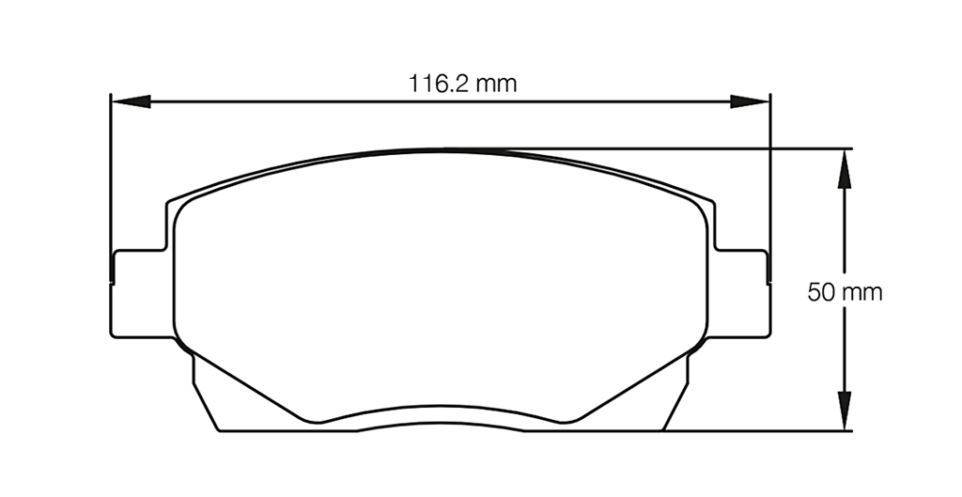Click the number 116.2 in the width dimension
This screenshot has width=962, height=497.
pyautogui.click(x=438, y=84)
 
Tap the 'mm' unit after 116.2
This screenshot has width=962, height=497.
pyautogui.click(x=495, y=84)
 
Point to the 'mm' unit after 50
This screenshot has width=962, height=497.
pyautogui.click(x=862, y=292)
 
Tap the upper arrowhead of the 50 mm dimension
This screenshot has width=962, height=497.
pyautogui.click(x=845, y=167)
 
